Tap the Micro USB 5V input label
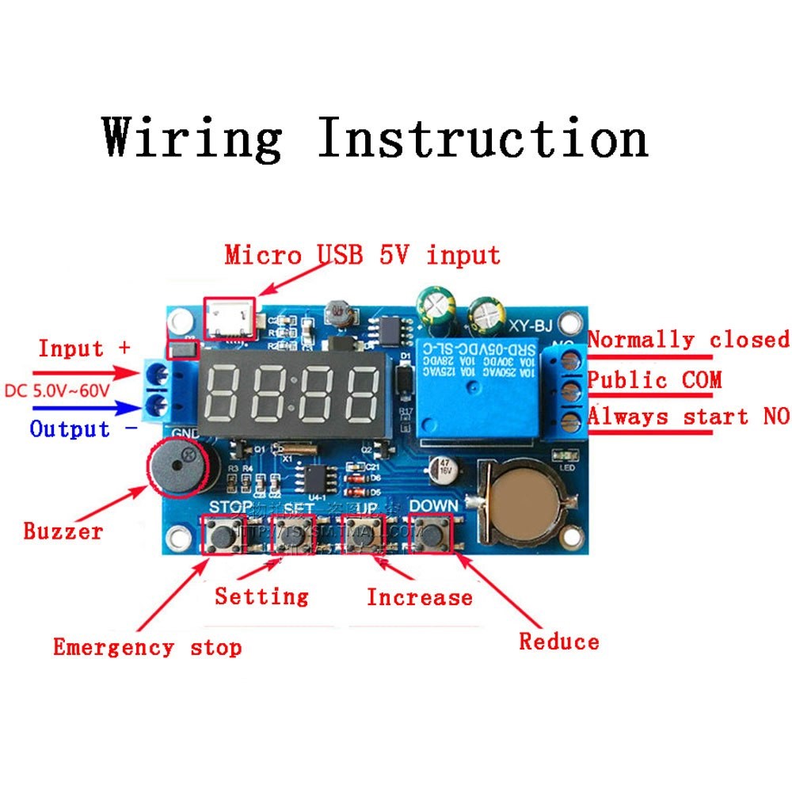tap(362, 255)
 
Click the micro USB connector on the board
tap(230, 318)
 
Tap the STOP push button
tap(220, 535)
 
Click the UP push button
tap(365, 535)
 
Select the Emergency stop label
tap(147, 647)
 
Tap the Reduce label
tap(559, 641)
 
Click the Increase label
tap(419, 596)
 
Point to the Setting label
tap(261, 595)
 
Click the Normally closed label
tap(688, 340)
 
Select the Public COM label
tap(654, 379)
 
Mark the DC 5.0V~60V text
tap(68, 390)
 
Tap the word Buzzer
tap(63, 531)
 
